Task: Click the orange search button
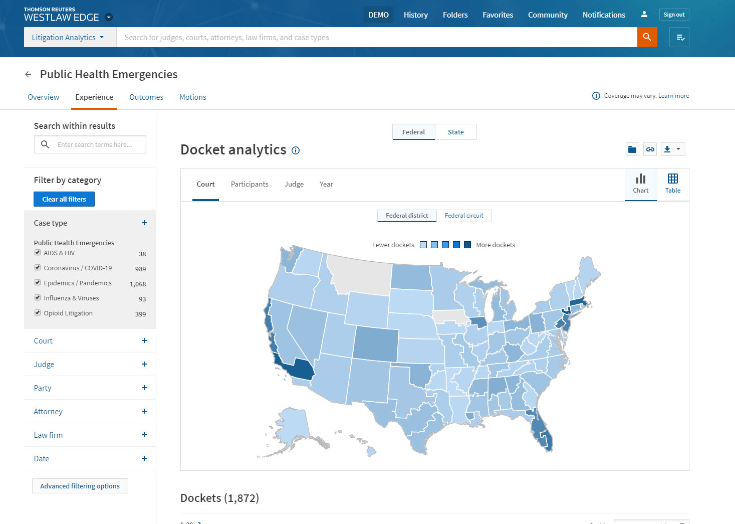pos(647,37)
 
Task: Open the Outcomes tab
pos(146,97)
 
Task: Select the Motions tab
pos(193,97)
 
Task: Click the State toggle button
pos(455,132)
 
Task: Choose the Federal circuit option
pos(464,216)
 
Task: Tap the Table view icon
pos(672,184)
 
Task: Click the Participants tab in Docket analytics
pos(250,184)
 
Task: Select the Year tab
pos(326,184)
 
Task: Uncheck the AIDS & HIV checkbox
pos(38,253)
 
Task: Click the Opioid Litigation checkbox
pos(38,313)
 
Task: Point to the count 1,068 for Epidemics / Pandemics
pos(138,284)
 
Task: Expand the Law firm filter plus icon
pos(144,435)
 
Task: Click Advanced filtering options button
pos(80,486)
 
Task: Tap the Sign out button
pos(674,15)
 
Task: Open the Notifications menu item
pos(604,15)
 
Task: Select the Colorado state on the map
pos(376,343)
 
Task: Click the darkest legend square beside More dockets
pos(467,245)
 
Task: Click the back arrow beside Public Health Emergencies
pos(28,74)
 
